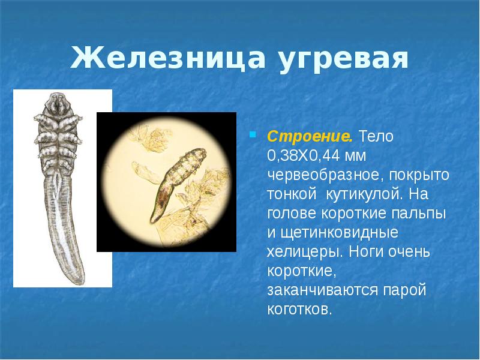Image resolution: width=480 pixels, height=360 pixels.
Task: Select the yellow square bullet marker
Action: coord(253,133)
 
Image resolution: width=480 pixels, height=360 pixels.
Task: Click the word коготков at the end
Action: coord(299,310)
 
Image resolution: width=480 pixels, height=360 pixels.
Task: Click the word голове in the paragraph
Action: coord(289,214)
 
